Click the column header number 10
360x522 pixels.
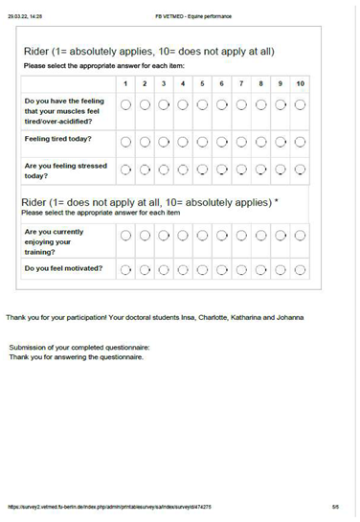coord(301,84)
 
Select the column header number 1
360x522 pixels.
coord(126,84)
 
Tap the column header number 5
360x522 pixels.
coord(203,84)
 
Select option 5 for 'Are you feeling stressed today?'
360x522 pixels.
coord(203,171)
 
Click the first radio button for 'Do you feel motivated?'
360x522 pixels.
coord(126,269)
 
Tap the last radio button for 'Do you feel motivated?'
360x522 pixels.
coord(301,269)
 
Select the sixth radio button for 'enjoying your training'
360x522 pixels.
coord(222,237)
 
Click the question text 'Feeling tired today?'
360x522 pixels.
coord(56,139)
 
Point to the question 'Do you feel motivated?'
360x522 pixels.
coord(63,269)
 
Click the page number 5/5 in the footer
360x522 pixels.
coord(335,506)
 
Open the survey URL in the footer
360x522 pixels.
coord(110,506)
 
